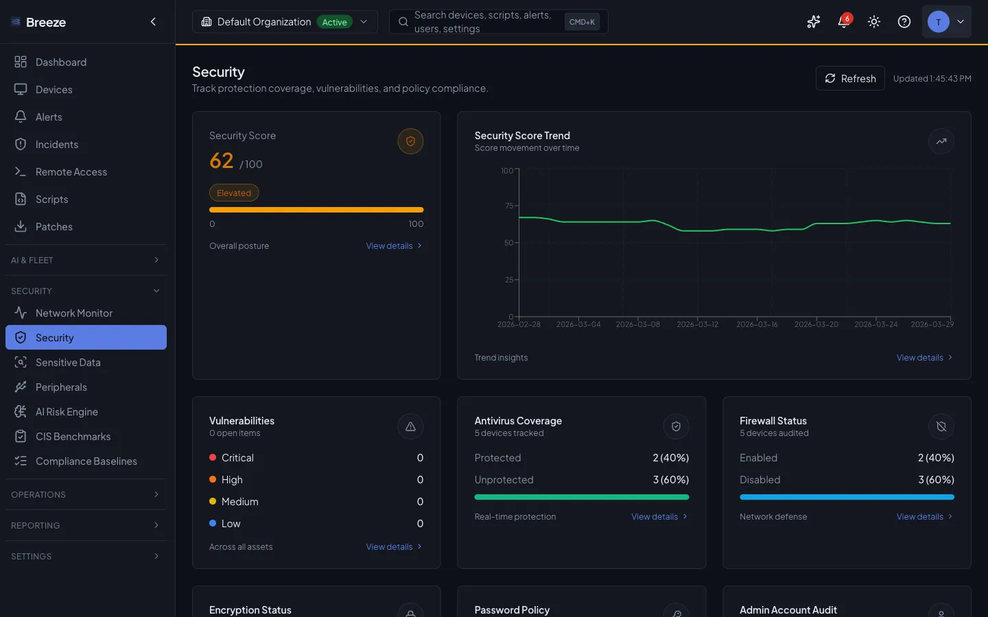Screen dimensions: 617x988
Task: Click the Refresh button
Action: coord(850,78)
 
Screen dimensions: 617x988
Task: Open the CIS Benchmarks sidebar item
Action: coord(73,437)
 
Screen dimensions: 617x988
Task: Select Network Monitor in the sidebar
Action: coord(73,313)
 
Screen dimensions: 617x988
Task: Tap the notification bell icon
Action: coord(843,22)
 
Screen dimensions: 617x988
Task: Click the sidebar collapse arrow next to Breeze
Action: coord(153,22)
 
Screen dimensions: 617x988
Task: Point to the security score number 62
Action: coord(222,160)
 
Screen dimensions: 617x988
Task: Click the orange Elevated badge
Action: coord(234,193)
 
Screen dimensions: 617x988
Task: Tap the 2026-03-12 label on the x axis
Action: coord(697,324)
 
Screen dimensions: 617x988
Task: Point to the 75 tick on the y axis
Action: coord(508,206)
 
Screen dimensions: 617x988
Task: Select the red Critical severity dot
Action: coord(213,457)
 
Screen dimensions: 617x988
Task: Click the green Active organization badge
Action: coord(334,22)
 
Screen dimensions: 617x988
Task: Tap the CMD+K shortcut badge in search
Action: coord(582,22)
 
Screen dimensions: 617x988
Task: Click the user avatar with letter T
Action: coord(938,22)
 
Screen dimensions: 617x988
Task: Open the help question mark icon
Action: coord(904,22)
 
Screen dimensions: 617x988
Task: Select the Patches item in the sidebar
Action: coord(54,227)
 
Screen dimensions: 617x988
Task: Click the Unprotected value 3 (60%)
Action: coord(670,480)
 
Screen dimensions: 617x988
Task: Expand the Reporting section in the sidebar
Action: coord(86,525)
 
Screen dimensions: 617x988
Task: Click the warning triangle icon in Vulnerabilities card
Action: coord(410,426)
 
